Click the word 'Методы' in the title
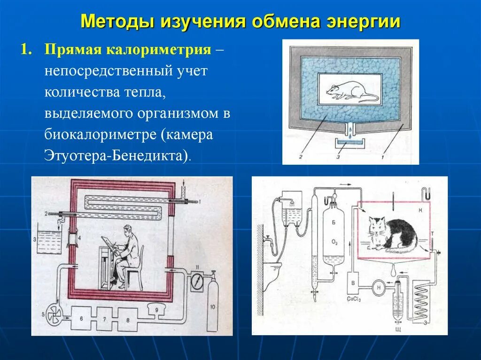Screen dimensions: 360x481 click(117, 22)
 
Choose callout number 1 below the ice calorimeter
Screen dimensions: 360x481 click(383, 157)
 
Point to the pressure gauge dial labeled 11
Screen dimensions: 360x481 click(197, 283)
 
